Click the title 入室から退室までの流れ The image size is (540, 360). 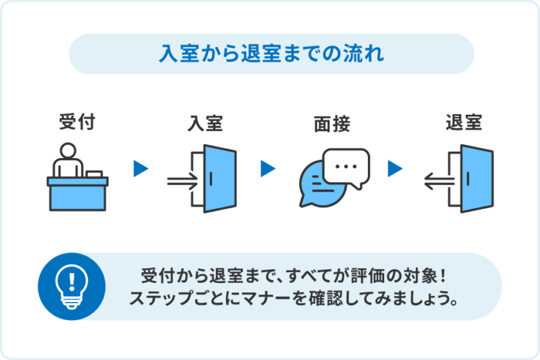point(271,53)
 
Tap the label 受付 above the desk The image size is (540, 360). point(76,123)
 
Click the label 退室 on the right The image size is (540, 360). point(464,123)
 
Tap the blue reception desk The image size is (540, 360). point(77,193)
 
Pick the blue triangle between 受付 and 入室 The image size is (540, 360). point(140,169)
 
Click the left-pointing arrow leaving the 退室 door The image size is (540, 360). point(439,180)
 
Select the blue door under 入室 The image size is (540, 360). point(220,179)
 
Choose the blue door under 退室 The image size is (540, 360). point(477,179)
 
